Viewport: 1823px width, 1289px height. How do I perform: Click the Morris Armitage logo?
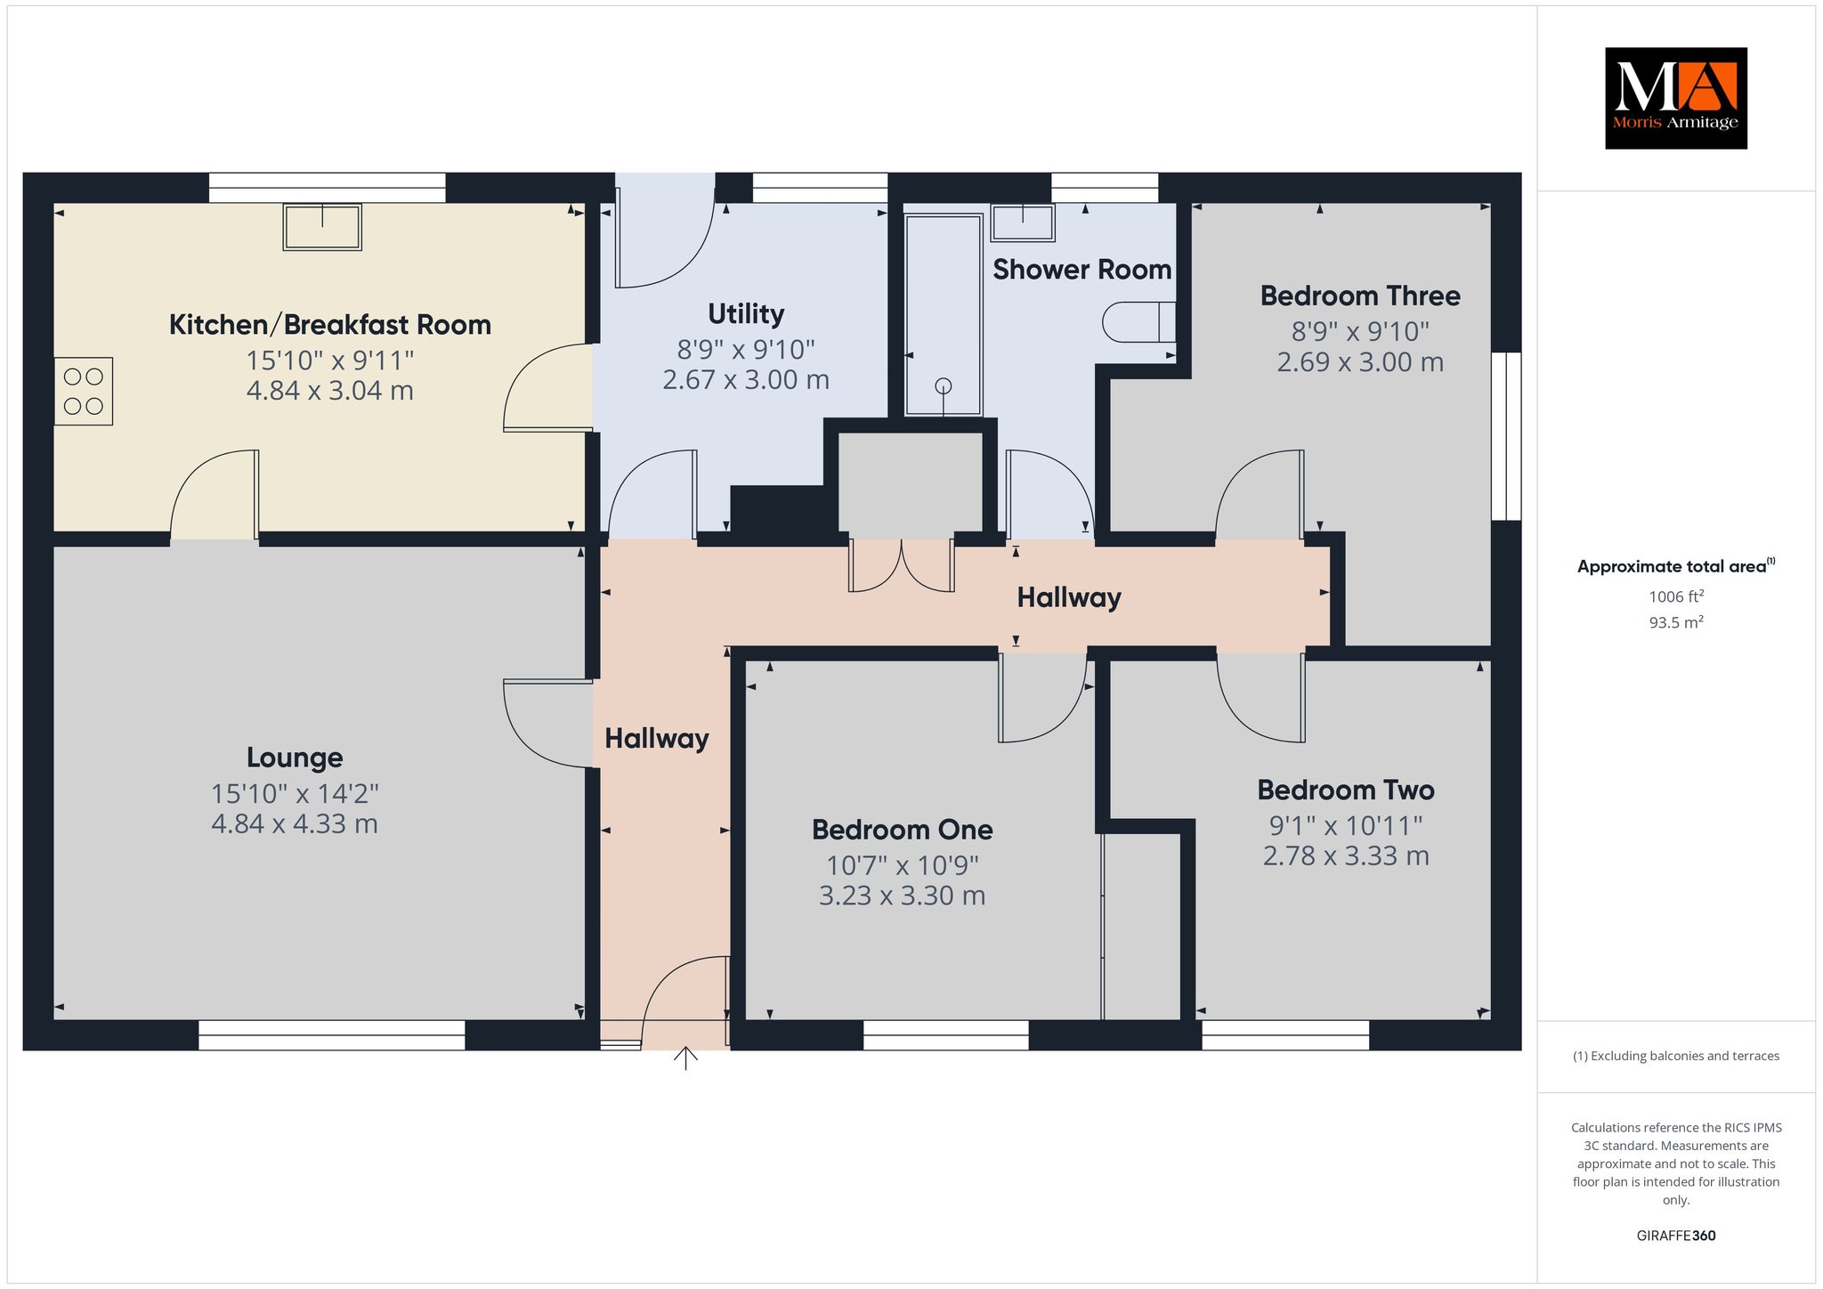tap(1675, 98)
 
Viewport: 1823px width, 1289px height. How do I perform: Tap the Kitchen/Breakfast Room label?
tap(330, 325)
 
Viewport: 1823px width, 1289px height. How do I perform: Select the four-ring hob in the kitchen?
tap(84, 391)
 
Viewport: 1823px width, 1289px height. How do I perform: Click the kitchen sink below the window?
tap(322, 227)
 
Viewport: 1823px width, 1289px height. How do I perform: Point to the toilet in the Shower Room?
tap(1139, 322)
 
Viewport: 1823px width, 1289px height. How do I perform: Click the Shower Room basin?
tap(1023, 222)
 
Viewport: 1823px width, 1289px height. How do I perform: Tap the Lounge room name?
tap(295, 758)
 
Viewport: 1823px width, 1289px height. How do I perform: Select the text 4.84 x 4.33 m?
tap(295, 823)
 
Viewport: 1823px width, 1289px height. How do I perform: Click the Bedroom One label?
tap(903, 830)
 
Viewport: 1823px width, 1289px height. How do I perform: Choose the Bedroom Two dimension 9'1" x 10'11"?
tap(1346, 825)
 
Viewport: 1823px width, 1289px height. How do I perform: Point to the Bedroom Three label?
tap(1360, 296)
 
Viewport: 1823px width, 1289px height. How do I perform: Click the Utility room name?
tap(746, 313)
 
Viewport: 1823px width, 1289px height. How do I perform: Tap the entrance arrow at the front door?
tap(685, 1058)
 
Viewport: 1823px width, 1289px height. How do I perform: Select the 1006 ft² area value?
tap(1676, 596)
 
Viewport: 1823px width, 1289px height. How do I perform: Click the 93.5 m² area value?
tap(1676, 622)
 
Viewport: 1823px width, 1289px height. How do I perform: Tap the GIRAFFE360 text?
tap(1676, 1236)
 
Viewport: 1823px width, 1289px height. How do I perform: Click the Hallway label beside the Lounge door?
tap(657, 739)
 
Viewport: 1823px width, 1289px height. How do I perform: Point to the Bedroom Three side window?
tap(1506, 436)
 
